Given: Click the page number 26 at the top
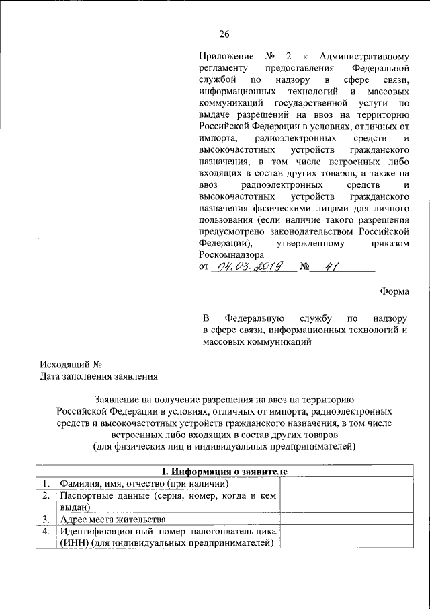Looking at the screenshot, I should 224,35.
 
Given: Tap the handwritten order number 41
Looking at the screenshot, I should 330,266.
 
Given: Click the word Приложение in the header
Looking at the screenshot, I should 226,57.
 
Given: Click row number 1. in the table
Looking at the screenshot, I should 44,483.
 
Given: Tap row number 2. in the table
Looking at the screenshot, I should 44,495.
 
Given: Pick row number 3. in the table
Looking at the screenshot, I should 44,519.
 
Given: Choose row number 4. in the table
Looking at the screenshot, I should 44,531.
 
